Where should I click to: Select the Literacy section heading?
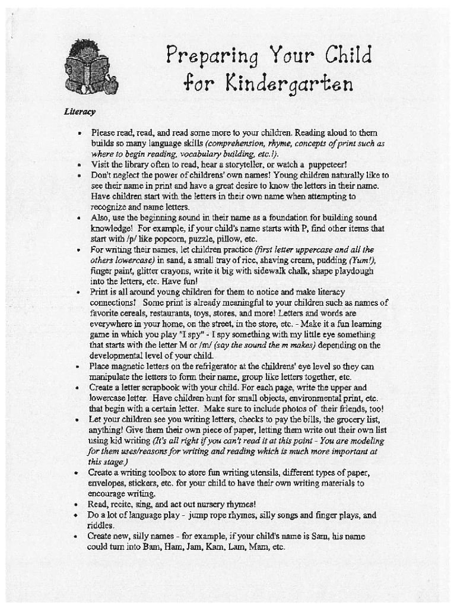pos(80,112)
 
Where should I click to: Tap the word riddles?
pos(101,525)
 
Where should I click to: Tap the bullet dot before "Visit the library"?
pos(78,165)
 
